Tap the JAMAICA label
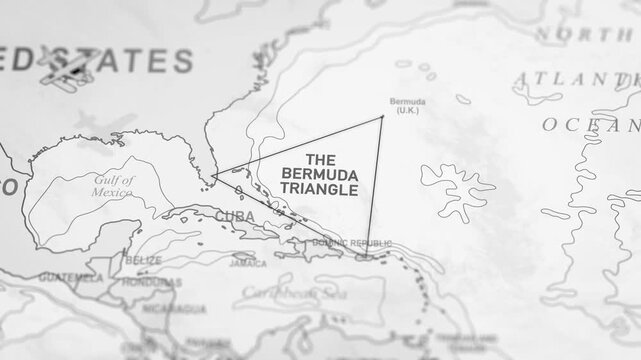tap(247, 265)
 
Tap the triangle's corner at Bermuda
tap(382, 118)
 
